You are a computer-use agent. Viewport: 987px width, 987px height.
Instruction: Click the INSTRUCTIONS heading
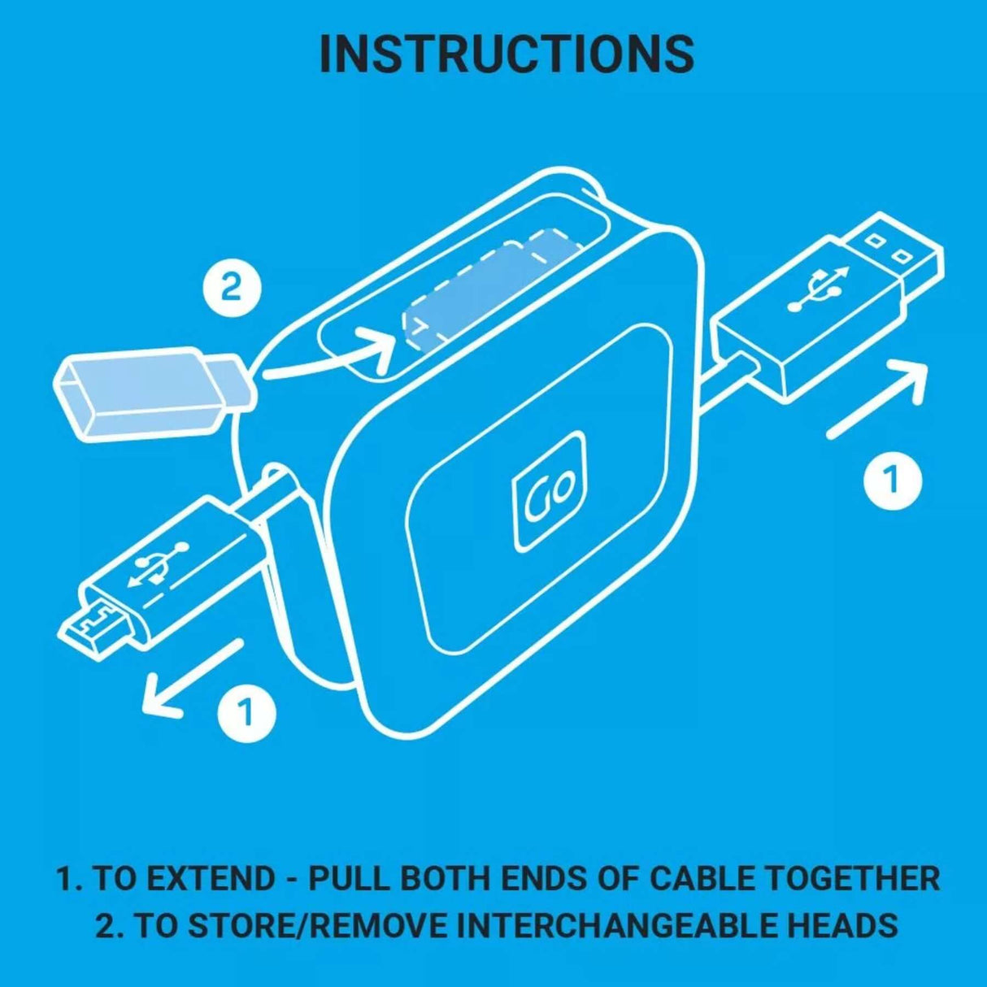pos(506,54)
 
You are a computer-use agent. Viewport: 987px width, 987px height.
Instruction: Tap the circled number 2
pos(232,287)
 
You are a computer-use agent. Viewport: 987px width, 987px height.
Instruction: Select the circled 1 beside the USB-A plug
pos(892,480)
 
